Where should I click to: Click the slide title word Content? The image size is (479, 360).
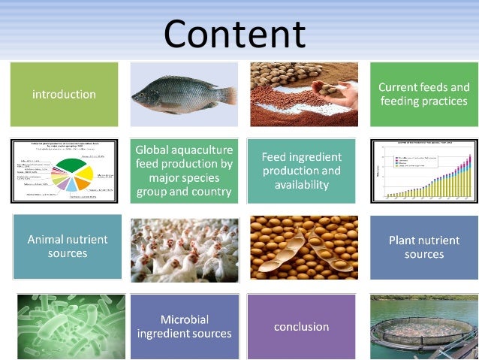tap(234, 34)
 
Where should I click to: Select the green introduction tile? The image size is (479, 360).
tap(64, 95)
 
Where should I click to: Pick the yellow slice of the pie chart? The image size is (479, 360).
tap(85, 174)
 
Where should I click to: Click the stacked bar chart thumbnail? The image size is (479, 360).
tap(424, 171)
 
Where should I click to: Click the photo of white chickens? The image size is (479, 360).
tap(184, 247)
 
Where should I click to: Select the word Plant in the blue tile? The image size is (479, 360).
tap(404, 241)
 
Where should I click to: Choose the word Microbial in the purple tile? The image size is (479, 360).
tap(184, 319)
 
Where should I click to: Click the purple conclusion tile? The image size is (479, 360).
tap(301, 327)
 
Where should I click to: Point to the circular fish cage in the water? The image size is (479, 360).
tap(424, 335)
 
